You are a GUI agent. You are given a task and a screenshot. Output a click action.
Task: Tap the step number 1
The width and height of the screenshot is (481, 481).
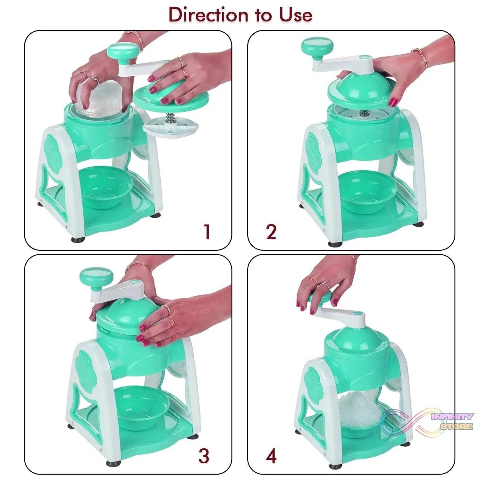point(207,232)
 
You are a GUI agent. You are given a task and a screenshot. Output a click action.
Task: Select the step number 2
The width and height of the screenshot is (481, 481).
point(271,232)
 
